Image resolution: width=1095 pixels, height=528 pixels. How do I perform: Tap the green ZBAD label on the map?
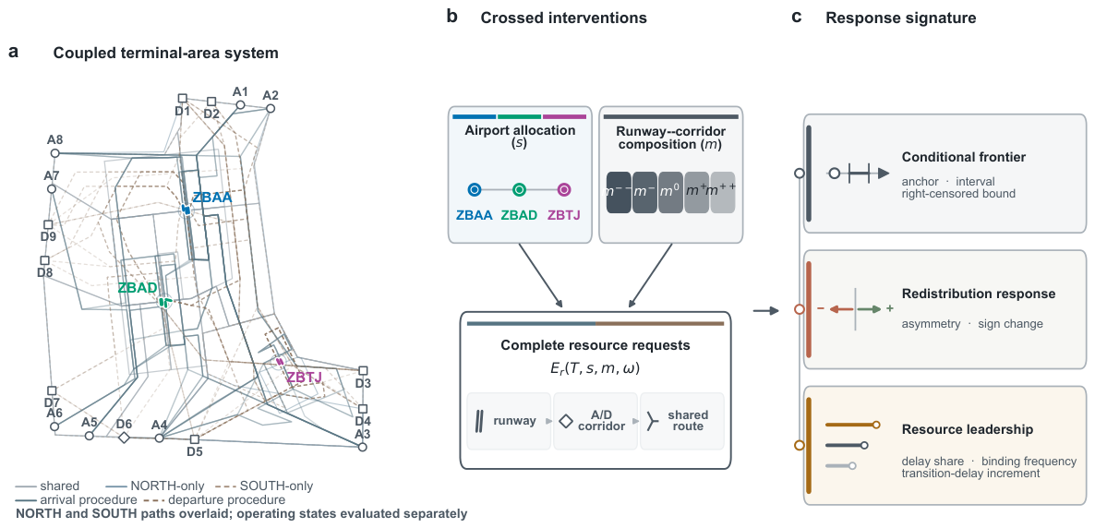(138, 288)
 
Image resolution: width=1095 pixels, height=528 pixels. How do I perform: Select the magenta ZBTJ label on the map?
(304, 378)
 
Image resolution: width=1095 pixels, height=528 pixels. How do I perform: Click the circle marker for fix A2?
(271, 108)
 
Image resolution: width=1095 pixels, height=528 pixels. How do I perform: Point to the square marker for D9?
(48, 225)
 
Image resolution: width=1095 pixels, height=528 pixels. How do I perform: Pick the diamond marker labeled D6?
(124, 438)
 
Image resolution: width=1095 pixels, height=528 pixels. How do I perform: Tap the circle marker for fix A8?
(55, 153)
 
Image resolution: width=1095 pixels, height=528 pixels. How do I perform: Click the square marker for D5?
(195, 439)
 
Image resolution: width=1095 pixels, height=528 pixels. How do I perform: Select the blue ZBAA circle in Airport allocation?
(475, 189)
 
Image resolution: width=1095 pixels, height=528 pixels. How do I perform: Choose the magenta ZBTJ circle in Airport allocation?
(565, 189)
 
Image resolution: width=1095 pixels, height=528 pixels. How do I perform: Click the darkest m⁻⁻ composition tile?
(619, 192)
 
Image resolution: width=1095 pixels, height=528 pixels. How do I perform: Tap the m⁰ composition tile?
(670, 192)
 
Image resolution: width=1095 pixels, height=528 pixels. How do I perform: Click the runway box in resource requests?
(509, 421)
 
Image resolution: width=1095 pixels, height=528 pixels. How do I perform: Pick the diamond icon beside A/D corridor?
(566, 421)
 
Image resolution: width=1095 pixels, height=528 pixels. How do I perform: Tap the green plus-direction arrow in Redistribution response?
(870, 308)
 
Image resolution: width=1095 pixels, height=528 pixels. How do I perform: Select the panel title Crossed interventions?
(563, 18)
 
